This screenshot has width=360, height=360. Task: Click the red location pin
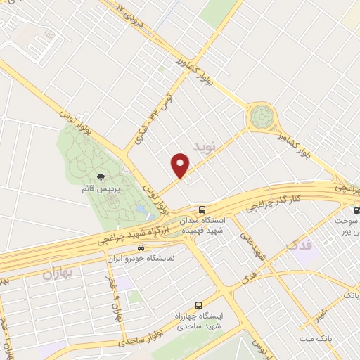181,165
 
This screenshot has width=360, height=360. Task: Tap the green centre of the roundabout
261,115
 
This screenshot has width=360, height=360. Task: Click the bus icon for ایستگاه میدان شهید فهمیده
202,210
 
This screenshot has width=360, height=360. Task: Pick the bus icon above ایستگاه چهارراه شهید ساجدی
198,306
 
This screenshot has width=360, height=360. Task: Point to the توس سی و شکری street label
146,117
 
